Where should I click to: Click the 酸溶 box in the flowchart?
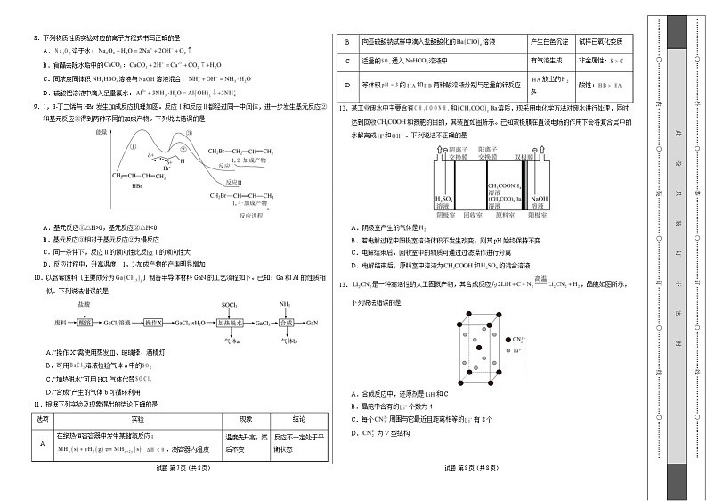(85, 323)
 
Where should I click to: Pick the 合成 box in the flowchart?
(283, 323)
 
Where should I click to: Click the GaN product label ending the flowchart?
(313, 323)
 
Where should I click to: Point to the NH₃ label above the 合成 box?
(284, 305)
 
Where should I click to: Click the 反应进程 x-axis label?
(253, 215)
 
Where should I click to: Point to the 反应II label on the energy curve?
(232, 179)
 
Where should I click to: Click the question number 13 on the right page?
(342, 284)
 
